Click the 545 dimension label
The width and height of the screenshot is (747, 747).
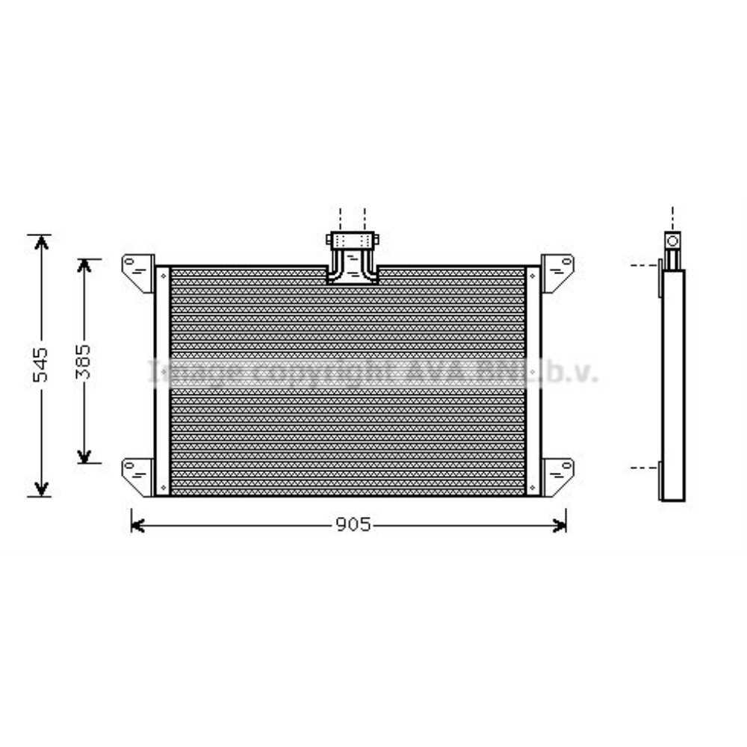pyautogui.click(x=42, y=364)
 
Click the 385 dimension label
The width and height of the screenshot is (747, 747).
pyautogui.click(x=84, y=361)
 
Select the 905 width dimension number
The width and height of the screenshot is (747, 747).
pyautogui.click(x=351, y=525)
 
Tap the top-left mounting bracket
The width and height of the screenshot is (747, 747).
pyautogui.click(x=138, y=270)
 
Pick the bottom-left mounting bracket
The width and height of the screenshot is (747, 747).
pyautogui.click(x=138, y=474)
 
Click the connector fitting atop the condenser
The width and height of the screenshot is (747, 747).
pyautogui.click(x=352, y=257)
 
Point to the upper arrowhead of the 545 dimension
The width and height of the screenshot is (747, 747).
pyautogui.click(x=42, y=241)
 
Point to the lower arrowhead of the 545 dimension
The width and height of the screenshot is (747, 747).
pyautogui.click(x=42, y=489)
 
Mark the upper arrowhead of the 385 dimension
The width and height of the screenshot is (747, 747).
pyautogui.click(x=84, y=266)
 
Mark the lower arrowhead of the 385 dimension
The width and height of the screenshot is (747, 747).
pyautogui.click(x=84, y=456)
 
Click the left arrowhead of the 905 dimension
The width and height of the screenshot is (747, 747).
pyautogui.click(x=137, y=525)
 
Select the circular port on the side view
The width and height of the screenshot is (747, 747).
pyautogui.click(x=672, y=241)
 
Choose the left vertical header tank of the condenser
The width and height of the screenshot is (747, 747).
pyautogui.click(x=162, y=380)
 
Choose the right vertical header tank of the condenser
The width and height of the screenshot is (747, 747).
pyautogui.click(x=533, y=380)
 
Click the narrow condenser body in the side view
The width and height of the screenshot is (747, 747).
pyautogui.click(x=672, y=385)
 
